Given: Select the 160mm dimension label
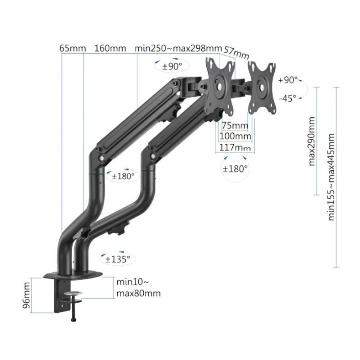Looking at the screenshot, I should [x=110, y=48].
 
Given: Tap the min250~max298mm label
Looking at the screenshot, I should [x=178, y=48].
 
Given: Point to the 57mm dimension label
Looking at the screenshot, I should [x=236, y=52].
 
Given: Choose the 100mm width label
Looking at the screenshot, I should [x=236, y=136].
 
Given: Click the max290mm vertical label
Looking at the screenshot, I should [x=312, y=141].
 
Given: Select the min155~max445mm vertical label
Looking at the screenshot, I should [x=331, y=178].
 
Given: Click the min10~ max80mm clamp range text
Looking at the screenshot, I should [x=138, y=288].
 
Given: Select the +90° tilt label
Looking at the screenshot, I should [x=288, y=80].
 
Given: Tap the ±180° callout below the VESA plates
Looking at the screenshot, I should [x=235, y=168].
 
